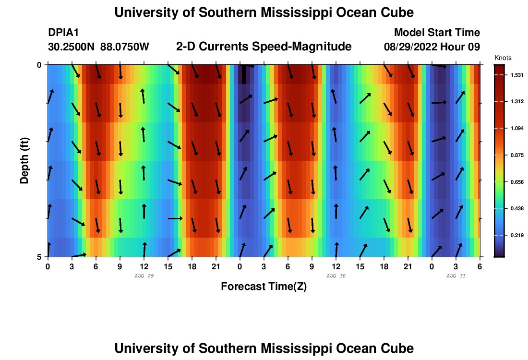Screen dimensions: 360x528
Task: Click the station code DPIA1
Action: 63,33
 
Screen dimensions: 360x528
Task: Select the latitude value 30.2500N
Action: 72,47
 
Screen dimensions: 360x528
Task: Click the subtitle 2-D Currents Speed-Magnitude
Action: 264,47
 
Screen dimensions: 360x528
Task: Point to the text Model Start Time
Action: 437,33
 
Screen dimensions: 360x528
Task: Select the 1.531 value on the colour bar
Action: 516,75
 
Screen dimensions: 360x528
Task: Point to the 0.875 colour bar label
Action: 516,155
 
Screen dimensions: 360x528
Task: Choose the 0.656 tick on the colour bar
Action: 516,182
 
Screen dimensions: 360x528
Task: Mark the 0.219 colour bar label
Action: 516,235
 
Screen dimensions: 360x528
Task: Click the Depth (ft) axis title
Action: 24,160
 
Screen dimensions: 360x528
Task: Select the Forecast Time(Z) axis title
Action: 264,287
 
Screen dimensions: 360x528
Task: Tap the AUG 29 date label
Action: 144,276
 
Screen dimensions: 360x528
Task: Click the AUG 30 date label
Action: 336,276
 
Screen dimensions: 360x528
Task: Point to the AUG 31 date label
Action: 456,276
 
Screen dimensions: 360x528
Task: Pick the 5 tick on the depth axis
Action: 39,257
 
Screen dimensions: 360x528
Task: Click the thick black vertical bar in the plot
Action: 244,74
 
